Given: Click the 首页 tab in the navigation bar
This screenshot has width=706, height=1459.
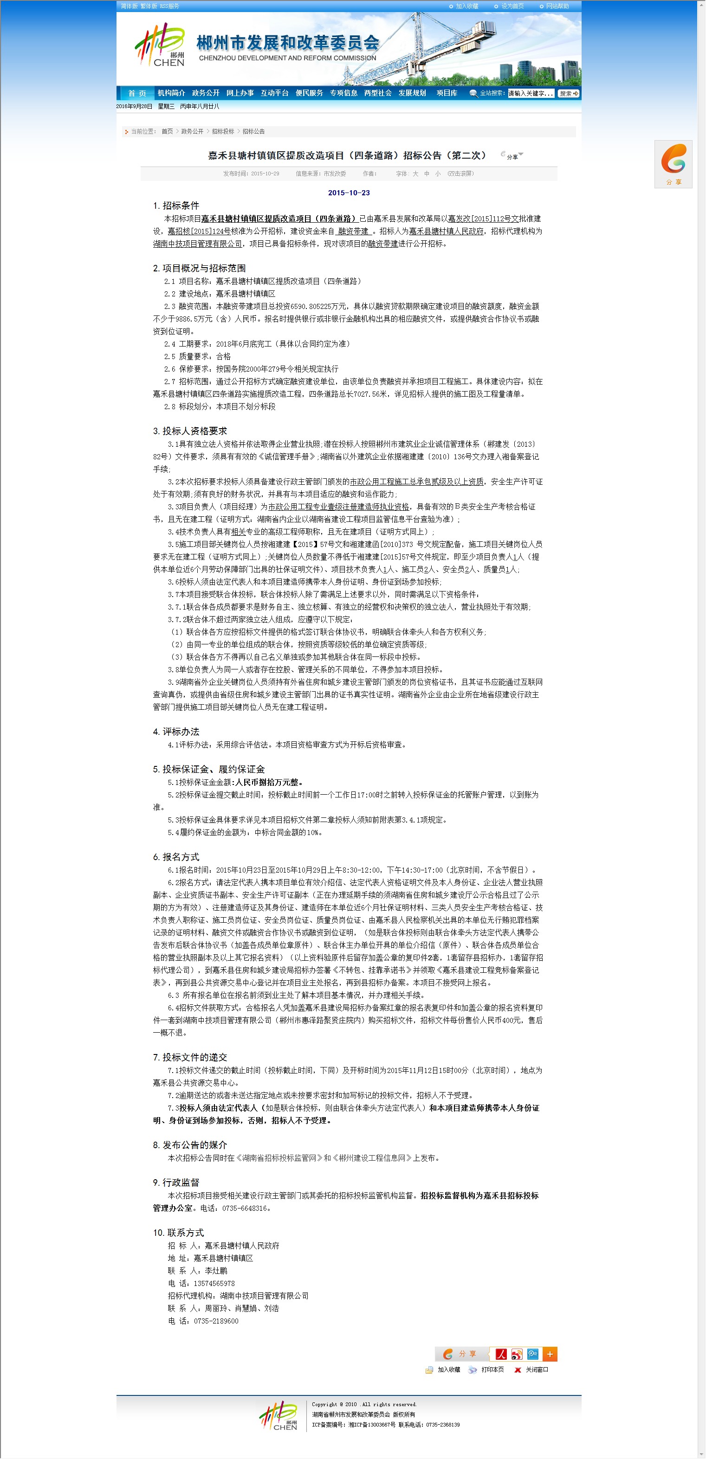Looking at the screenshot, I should coord(136,93).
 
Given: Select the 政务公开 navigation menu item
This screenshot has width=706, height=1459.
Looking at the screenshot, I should coord(206,93).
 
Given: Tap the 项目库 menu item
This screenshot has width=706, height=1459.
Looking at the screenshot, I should coord(447,93).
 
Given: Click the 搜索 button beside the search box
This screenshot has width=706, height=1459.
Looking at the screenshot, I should coord(568,93).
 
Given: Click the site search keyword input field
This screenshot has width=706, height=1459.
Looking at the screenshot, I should coord(531,93).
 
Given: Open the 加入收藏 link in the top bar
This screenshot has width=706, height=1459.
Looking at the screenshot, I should coord(466,6).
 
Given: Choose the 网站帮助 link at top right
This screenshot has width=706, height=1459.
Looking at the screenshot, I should coord(557,6).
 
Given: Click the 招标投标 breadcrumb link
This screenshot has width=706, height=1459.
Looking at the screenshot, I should coord(223,131).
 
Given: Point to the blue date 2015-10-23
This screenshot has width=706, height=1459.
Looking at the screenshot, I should coord(349,193).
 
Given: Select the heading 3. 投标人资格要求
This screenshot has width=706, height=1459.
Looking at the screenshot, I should coord(190,431).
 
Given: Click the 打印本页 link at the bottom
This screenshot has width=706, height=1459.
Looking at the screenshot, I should coord(492,1369).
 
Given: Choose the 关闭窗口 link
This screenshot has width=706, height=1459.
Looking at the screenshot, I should coord(536,1369).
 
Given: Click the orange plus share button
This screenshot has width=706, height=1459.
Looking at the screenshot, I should coord(550,1354).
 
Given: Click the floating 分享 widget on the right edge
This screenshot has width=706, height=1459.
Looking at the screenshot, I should coord(673,164).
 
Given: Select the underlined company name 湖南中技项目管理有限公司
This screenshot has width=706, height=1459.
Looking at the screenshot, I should coord(197,244).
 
